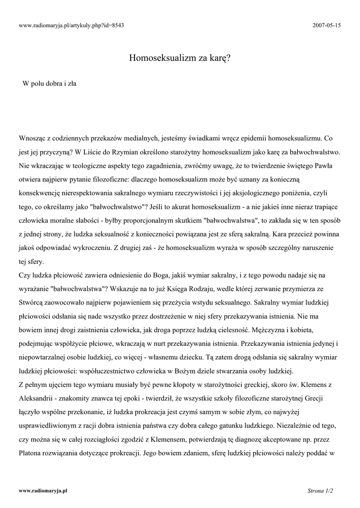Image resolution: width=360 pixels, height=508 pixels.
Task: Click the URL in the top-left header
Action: (x=71, y=25)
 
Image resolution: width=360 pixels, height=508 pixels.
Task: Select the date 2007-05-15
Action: (x=328, y=25)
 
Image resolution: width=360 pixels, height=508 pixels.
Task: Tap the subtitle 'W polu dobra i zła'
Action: (x=49, y=84)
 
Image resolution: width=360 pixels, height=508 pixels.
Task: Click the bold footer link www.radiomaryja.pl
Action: (x=43, y=491)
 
